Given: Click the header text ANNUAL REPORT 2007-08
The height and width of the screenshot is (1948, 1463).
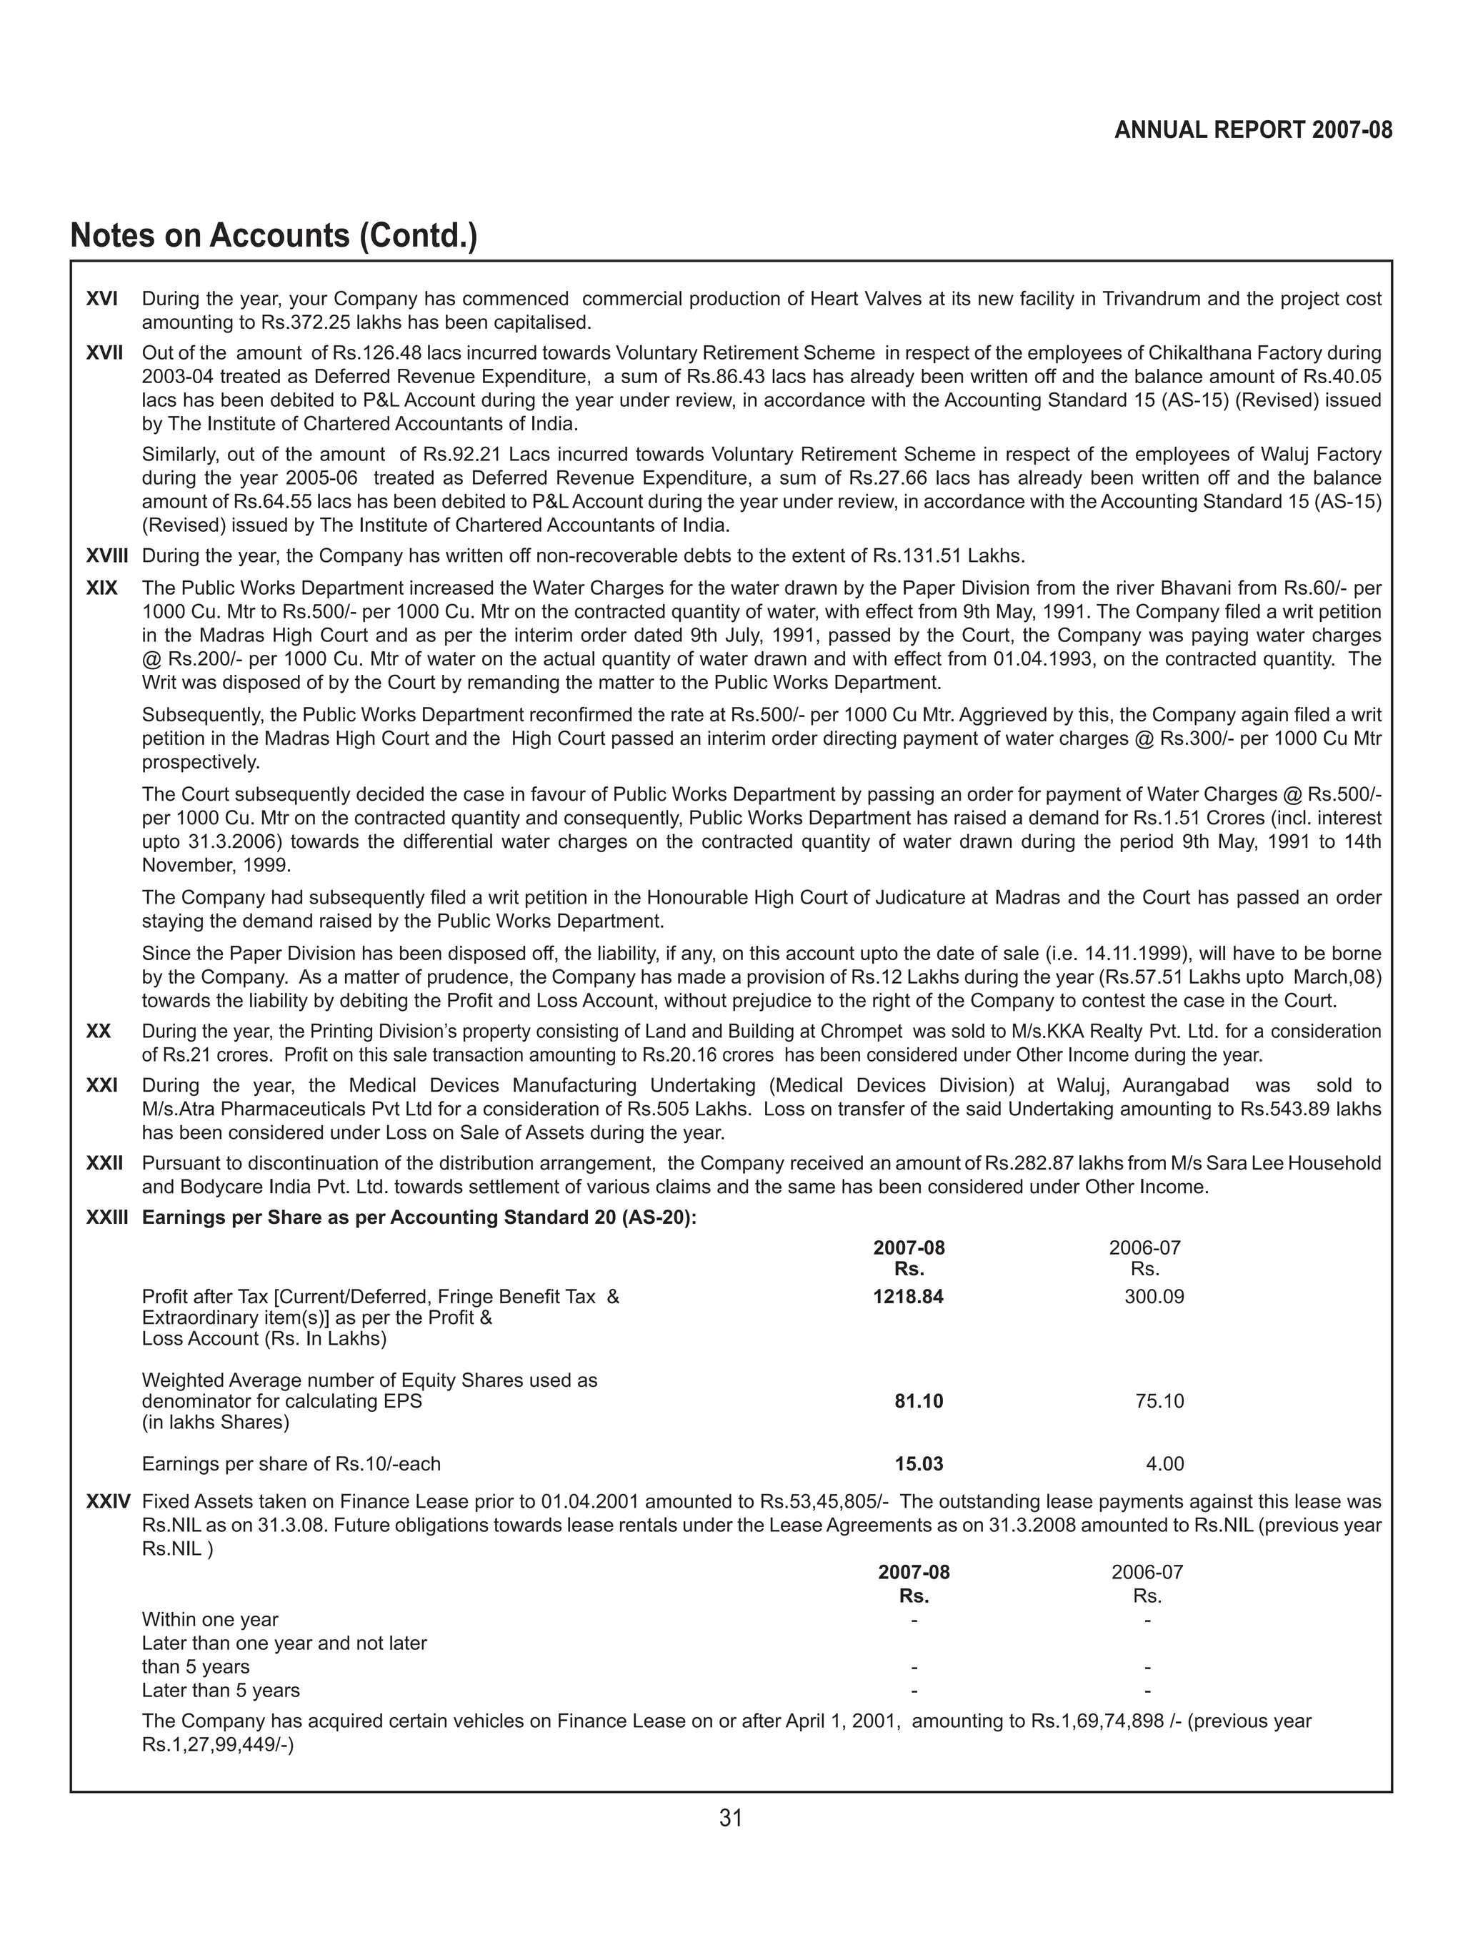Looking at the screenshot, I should point(1252,130).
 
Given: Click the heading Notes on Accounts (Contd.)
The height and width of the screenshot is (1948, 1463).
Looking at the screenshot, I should point(273,236).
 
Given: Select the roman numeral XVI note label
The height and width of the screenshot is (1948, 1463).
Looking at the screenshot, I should point(102,299).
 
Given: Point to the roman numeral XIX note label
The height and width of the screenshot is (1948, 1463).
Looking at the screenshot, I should point(102,588).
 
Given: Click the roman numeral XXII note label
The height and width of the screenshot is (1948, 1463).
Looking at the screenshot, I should point(105,1163).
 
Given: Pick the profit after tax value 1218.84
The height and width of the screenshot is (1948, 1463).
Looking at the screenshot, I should point(907,1296).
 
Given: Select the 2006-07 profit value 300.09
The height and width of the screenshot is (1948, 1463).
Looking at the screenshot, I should point(1154,1296).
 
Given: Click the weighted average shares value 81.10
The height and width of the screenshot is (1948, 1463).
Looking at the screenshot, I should point(918,1401).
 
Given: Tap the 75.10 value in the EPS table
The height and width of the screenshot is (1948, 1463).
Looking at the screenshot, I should point(1159,1401).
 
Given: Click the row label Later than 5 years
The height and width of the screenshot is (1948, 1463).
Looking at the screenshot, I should point(221,1690).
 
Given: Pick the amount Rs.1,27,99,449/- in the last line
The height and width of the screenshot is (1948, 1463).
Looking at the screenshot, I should point(217,1744).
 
